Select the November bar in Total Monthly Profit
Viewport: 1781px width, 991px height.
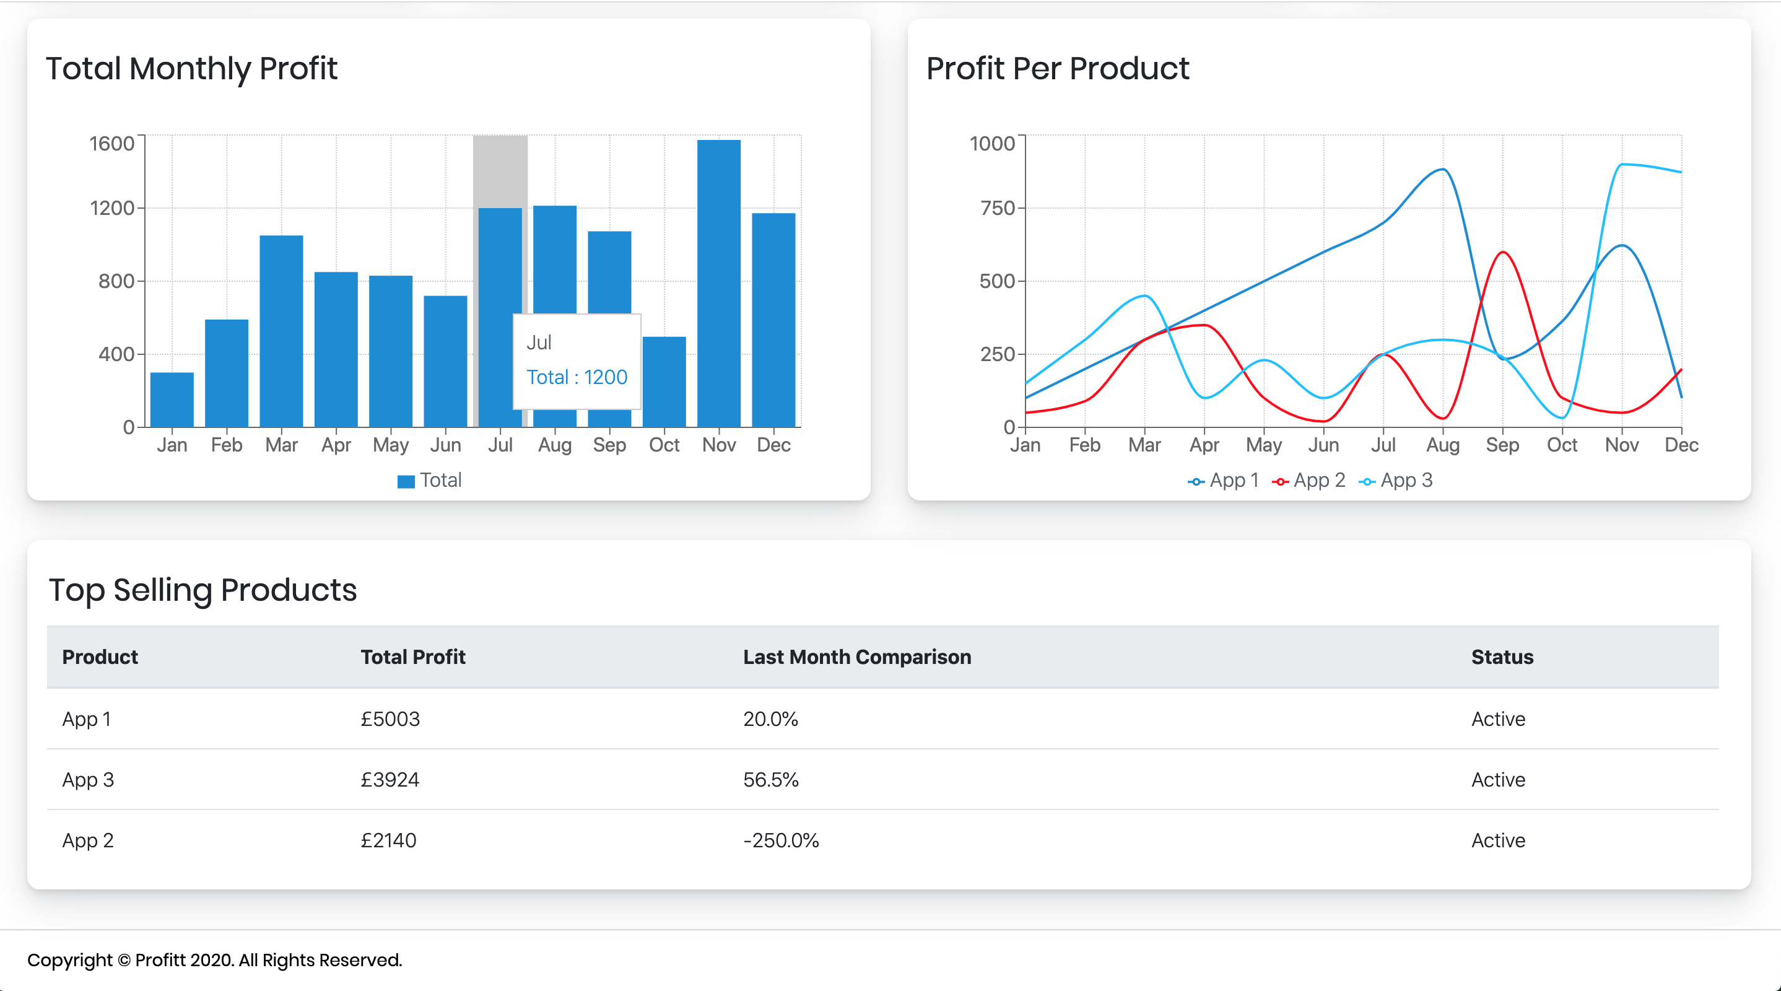[718, 284]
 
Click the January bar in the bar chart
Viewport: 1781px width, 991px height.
[172, 399]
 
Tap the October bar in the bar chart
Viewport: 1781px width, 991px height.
[664, 382]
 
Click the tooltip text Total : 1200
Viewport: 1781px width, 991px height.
[577, 377]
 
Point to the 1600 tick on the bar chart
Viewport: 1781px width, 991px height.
[112, 143]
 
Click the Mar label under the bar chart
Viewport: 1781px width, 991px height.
[281, 445]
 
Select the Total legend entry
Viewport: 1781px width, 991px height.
[429, 480]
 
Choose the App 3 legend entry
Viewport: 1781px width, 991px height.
[1396, 480]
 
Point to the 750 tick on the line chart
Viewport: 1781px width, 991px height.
[997, 207]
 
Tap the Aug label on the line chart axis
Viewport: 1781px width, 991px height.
[1442, 445]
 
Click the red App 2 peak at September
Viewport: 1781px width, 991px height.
[1502, 253]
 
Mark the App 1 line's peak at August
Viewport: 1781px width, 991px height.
[1442, 170]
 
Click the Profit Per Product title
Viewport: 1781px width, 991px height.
[1057, 69]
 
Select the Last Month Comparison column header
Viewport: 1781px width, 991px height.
[856, 657]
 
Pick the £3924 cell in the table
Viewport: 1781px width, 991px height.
[390, 779]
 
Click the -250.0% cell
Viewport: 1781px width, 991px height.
[780, 840]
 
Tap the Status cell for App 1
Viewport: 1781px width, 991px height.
[1497, 718]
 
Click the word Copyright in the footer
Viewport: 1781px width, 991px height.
[69, 960]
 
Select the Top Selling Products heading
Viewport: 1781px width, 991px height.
[202, 590]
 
